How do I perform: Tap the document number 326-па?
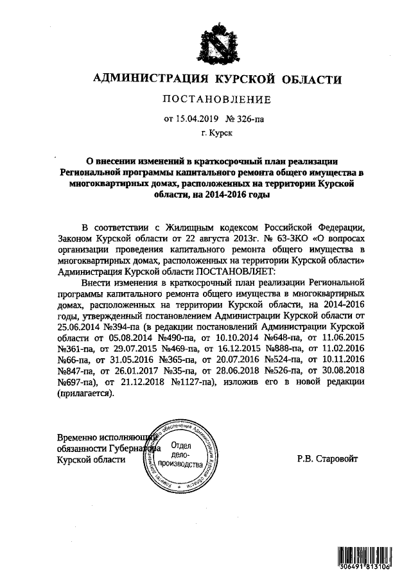(249, 118)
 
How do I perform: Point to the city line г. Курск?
(215, 134)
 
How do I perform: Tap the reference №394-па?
(123, 326)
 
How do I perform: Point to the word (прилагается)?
(86, 394)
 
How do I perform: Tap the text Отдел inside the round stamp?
(184, 446)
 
